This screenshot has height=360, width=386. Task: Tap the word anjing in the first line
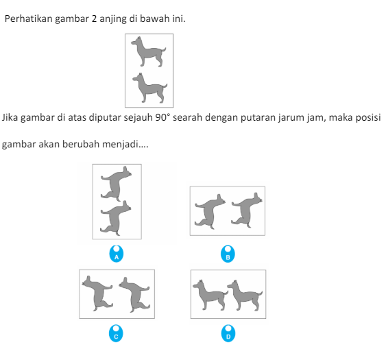click(x=112, y=19)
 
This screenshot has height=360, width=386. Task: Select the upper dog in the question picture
click(x=149, y=52)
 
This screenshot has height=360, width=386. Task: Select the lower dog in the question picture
click(x=149, y=86)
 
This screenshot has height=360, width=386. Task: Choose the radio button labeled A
click(x=117, y=255)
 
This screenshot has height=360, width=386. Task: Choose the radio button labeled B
click(x=229, y=255)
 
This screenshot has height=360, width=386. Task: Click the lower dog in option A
click(x=116, y=219)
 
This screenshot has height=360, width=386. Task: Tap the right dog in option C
click(x=134, y=292)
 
